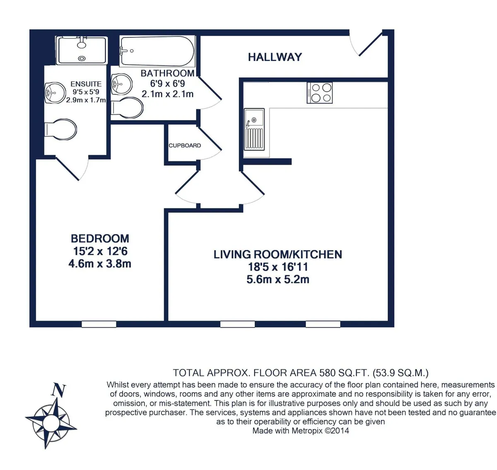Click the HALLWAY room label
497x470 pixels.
tap(275, 57)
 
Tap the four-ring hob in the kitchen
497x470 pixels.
tap(320, 93)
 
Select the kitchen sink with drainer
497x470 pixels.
tap(254, 129)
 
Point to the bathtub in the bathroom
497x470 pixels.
tap(157, 51)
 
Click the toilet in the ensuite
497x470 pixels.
tap(60, 130)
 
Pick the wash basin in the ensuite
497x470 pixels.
tap(55, 93)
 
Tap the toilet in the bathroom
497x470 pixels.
tap(127, 108)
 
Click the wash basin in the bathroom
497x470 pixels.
tap(122, 84)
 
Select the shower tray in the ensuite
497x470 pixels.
tap(82, 50)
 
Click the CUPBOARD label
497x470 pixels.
tap(185, 146)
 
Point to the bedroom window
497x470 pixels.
tap(99, 324)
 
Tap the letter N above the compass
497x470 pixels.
tap(58, 390)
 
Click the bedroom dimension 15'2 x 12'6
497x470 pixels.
tap(100, 251)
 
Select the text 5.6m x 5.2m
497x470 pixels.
tap(278, 280)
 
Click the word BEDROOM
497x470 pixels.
tap(100, 239)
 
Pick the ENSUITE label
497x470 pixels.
tap(86, 84)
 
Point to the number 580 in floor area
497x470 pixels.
tap(328, 373)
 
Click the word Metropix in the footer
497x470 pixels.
tap(307, 431)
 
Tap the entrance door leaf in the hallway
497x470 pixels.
tap(371, 44)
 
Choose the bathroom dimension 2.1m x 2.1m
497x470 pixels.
tap(167, 94)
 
